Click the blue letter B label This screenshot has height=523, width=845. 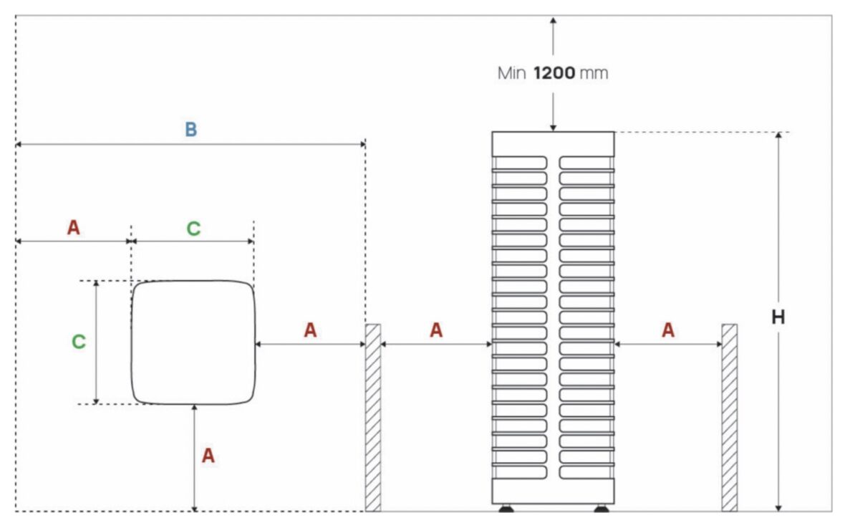point(190,130)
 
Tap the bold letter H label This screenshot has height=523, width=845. point(778,317)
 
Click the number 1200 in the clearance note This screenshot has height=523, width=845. point(554,73)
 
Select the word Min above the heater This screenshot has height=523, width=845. point(511,73)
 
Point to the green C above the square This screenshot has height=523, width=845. point(193,229)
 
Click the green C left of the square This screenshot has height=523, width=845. point(79,342)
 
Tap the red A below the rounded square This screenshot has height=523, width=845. point(208,456)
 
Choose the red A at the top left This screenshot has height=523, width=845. point(73,228)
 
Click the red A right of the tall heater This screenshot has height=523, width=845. point(667,330)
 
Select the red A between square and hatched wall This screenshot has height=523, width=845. point(309,330)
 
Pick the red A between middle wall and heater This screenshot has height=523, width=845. point(435,330)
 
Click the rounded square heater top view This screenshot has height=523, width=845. point(193,342)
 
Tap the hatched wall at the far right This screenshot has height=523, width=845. point(729,417)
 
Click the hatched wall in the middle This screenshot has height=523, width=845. point(373,417)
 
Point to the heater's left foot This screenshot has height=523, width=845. point(506,509)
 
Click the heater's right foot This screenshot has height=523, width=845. point(601,509)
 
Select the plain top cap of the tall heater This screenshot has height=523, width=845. point(552,143)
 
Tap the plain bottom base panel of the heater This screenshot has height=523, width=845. point(552,491)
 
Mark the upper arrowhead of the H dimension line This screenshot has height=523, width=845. point(778,137)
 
